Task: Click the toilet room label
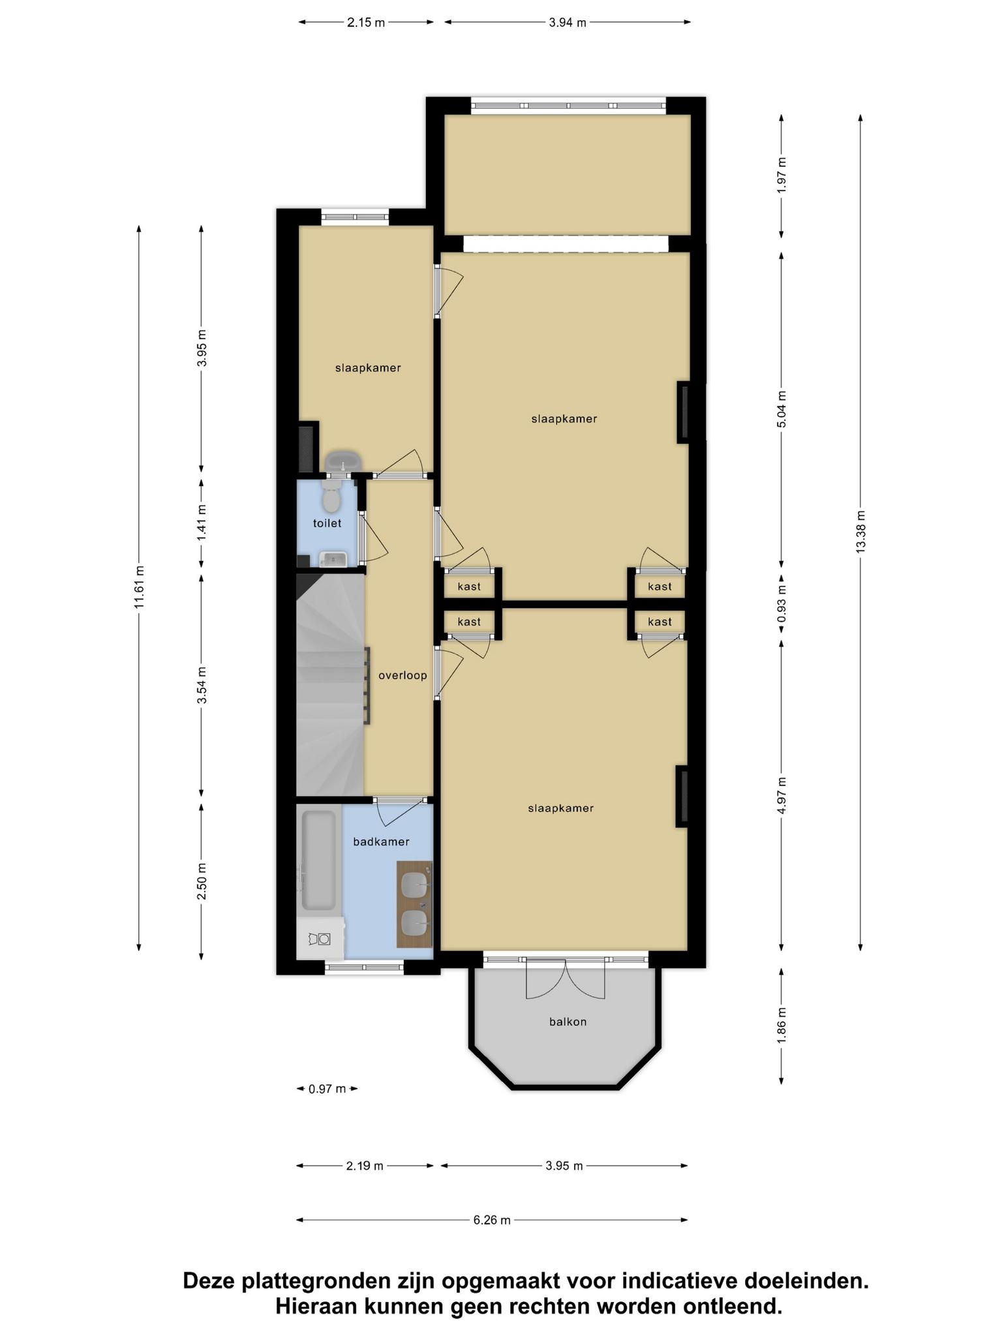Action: click(x=327, y=523)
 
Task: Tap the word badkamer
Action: click(x=381, y=842)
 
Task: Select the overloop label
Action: click(x=402, y=675)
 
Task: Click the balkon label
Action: click(x=568, y=1022)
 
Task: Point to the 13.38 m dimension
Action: click(x=860, y=532)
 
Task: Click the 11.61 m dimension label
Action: click(x=139, y=587)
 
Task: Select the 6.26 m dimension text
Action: click(x=492, y=1220)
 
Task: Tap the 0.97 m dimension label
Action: click(x=327, y=1089)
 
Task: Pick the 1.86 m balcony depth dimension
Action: click(x=782, y=1025)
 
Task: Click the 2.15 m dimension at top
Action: click(x=366, y=22)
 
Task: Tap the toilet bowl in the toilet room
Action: click(x=331, y=498)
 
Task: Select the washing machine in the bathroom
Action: click(x=320, y=938)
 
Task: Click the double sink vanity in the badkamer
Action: click(x=415, y=903)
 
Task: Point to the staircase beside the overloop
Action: click(x=330, y=684)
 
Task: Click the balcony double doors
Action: click(x=566, y=979)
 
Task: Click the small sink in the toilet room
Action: click(x=333, y=558)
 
